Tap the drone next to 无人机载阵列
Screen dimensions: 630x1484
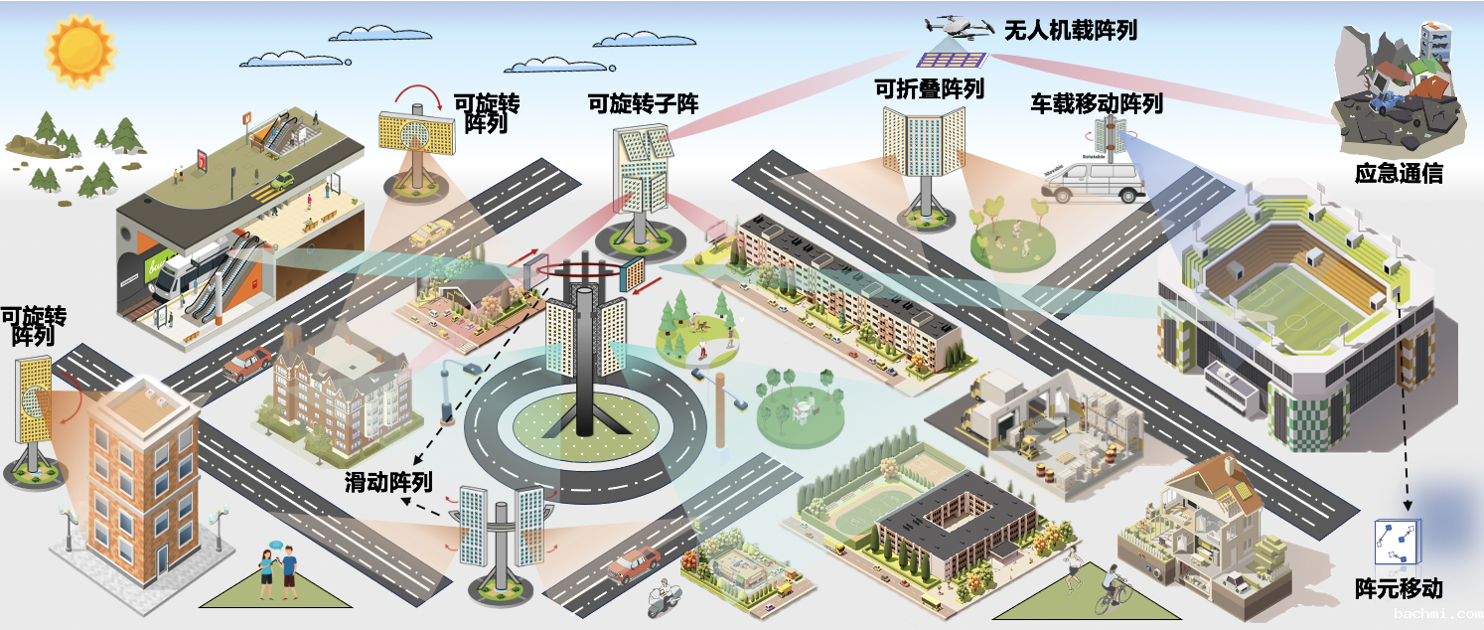click(959, 25)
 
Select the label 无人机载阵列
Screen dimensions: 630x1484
click(1070, 30)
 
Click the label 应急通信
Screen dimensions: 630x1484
click(1399, 174)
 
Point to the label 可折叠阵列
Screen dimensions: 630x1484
click(929, 88)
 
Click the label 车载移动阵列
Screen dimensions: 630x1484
click(1096, 103)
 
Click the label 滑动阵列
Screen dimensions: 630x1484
click(388, 483)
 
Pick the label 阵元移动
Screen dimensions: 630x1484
click(1399, 587)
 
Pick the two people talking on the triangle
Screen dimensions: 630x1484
click(278, 570)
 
